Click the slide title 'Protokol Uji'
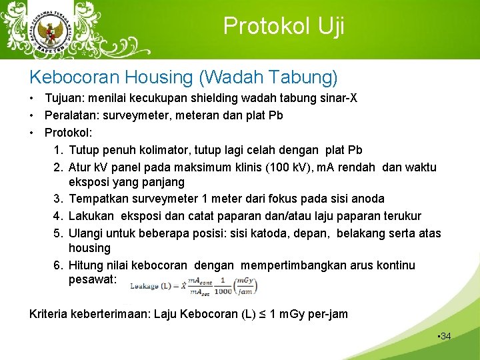point(283,26)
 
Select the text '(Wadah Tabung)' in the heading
point(268,78)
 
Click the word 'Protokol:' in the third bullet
point(69,132)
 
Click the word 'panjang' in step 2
point(163,182)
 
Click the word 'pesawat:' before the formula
point(92,280)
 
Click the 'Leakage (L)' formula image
point(194,285)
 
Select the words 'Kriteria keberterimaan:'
point(90,313)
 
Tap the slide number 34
point(445,336)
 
